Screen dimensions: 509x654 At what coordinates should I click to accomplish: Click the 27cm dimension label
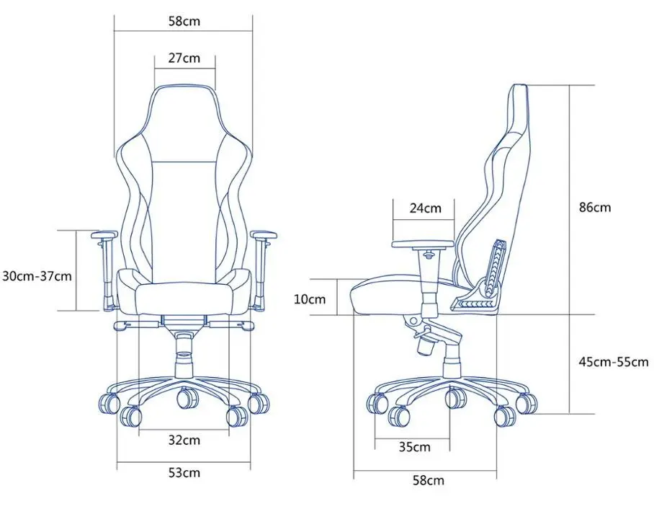pos(184,58)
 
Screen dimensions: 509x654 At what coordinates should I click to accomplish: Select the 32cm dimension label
pos(184,440)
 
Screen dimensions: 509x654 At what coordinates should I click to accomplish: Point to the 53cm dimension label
pos(184,473)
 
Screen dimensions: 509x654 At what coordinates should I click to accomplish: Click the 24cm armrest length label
pos(425,208)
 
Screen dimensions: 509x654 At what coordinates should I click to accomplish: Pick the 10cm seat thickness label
pos(310,298)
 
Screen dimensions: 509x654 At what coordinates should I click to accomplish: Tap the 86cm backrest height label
pos(595,208)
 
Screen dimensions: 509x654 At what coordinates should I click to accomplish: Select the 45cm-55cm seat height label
pos(613,362)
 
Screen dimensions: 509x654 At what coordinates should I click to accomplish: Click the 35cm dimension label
pos(415,447)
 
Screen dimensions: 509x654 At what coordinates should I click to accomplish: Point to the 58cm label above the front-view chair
pos(184,21)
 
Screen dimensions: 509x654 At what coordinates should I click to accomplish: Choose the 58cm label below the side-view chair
pos(428,480)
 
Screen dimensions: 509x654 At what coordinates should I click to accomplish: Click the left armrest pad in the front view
pos(104,235)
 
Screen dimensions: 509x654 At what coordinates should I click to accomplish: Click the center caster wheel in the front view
pos(186,397)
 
